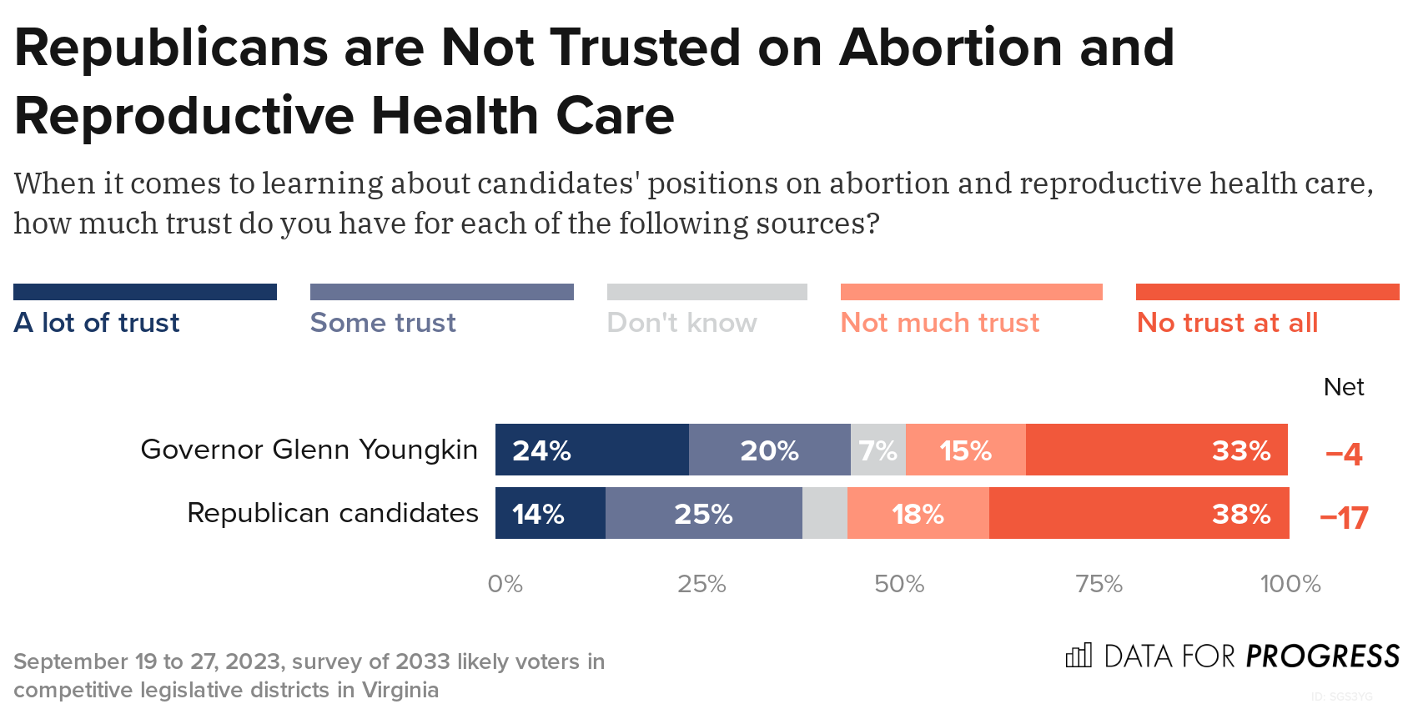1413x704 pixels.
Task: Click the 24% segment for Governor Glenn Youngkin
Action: point(591,450)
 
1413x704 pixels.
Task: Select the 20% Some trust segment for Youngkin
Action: point(769,450)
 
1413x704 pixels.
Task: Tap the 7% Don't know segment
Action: point(877,450)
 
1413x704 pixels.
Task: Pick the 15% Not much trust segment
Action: point(965,450)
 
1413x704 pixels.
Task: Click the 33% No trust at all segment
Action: point(1156,450)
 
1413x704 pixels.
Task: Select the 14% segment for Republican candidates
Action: point(550,513)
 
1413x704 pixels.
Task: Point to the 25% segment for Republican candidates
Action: point(703,513)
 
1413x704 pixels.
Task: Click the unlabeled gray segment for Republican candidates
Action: point(824,513)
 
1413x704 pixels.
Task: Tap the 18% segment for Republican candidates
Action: point(918,513)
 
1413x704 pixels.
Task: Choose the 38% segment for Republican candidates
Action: point(1139,513)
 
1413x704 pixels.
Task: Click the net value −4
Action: point(1343,454)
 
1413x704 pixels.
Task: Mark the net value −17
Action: point(1344,518)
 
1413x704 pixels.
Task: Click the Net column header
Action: point(1343,387)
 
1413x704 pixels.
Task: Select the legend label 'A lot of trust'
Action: point(97,323)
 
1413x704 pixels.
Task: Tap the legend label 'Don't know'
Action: point(681,323)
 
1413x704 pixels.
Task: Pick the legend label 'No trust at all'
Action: point(1227,323)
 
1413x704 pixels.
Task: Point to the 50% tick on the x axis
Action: point(899,584)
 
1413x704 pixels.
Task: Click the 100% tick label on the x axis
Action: point(1290,584)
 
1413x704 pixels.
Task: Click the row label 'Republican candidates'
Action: point(332,513)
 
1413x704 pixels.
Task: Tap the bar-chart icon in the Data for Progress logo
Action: point(1079,656)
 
